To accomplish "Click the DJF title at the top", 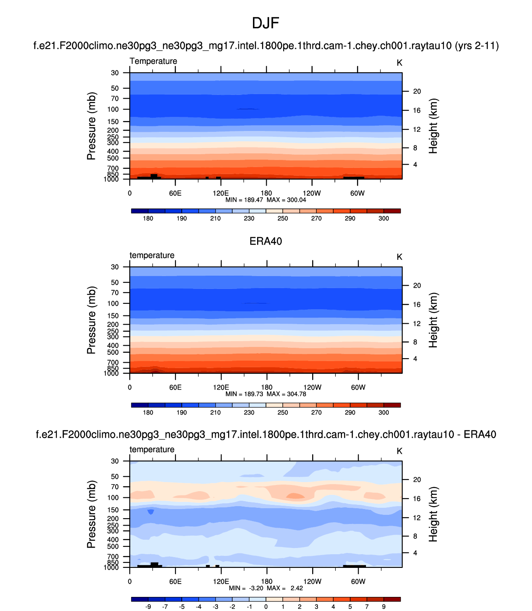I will tap(265, 23).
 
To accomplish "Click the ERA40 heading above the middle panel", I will tap(265, 241).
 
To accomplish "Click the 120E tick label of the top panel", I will tap(221, 193).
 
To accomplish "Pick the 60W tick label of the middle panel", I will tap(358, 387).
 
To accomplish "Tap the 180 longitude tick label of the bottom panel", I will tap(267, 581).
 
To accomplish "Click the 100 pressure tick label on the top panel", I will tap(113, 109).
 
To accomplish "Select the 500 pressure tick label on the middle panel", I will tap(113, 352).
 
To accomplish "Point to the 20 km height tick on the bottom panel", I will tap(417, 480).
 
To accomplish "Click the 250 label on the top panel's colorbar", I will tap(283, 218).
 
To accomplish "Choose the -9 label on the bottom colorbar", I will tap(148, 606).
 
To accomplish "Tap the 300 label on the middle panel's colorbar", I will tap(384, 412).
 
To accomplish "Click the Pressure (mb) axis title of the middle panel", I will tap(91, 320).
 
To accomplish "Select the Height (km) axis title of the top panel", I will tap(433, 126).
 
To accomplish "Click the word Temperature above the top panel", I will tap(153, 61).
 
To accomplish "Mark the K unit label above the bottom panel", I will tap(400, 451).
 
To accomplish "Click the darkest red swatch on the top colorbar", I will tap(392, 211).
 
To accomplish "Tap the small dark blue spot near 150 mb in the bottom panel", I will tap(151, 512).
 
